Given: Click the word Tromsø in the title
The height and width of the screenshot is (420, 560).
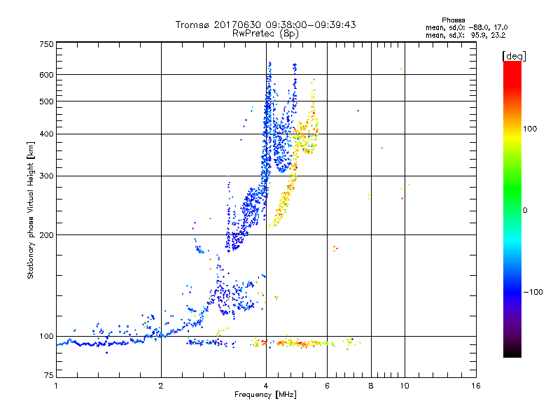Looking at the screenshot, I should click(x=193, y=24).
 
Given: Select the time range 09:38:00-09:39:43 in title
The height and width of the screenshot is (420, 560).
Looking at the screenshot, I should click(x=311, y=24).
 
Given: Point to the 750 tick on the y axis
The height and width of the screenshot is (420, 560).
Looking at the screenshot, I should click(x=46, y=43).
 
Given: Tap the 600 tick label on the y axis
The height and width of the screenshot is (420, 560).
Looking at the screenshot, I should click(x=46, y=74).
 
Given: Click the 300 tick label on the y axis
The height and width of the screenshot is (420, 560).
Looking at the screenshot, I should click(x=46, y=176).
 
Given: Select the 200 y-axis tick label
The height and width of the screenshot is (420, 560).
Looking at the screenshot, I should click(x=46, y=234).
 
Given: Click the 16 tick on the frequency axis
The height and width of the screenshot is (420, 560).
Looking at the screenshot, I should click(x=475, y=386).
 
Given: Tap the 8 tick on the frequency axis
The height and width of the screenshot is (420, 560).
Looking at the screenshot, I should click(x=371, y=386).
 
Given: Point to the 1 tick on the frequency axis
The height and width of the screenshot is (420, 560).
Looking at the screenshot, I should click(x=56, y=386).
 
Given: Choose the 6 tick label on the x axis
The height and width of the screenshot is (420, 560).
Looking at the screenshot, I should click(x=327, y=386).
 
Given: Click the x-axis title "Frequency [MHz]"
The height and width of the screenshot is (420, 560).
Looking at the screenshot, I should click(x=265, y=395).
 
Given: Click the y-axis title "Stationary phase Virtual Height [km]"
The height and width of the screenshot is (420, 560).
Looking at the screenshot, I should click(x=31, y=211).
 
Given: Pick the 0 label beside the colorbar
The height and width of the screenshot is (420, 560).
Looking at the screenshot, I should click(x=526, y=210).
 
